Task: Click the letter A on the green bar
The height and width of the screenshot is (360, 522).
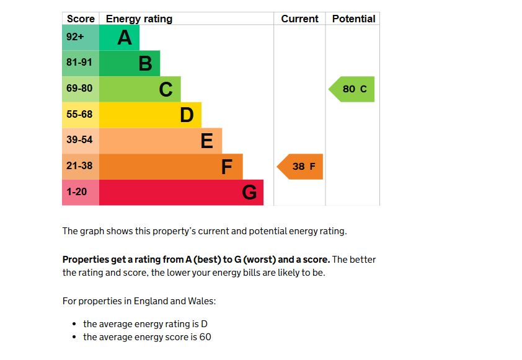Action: tap(125, 38)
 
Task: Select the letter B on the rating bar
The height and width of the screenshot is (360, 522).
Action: tap(145, 63)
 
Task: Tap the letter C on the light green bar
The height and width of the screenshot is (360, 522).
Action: tap(166, 89)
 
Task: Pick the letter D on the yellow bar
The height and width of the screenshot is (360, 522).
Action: tap(187, 115)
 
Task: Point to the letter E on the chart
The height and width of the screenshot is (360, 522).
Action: tap(207, 141)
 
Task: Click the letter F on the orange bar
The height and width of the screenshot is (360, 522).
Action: tap(227, 167)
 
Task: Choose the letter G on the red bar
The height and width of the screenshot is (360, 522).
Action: tap(249, 193)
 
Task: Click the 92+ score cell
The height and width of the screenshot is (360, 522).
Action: tap(75, 37)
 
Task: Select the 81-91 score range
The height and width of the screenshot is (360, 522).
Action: tap(79, 63)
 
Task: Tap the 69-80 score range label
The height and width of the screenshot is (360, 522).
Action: tap(79, 89)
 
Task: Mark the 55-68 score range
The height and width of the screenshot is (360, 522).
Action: tap(79, 115)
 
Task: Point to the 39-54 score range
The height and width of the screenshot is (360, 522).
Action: tap(79, 140)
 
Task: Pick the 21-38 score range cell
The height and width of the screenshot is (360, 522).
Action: tap(79, 166)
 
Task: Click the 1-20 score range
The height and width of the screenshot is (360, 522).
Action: tap(77, 192)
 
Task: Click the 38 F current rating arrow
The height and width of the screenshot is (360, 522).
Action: tap(301, 167)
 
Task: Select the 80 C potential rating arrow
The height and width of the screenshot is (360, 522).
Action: tap(352, 89)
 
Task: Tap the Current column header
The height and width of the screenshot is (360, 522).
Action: tap(299, 19)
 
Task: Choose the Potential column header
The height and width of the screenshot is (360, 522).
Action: tap(353, 19)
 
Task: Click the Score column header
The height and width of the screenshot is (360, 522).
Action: tap(81, 19)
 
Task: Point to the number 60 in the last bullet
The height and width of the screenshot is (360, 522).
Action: tap(205, 337)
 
